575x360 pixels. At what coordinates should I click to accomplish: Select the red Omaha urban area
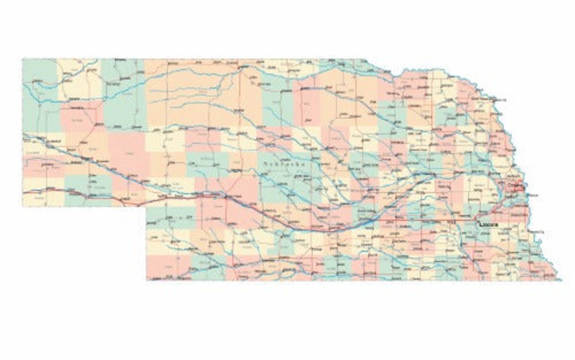pyautogui.click(x=519, y=187)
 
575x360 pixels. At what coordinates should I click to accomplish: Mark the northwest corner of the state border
pyautogui.click(x=22, y=59)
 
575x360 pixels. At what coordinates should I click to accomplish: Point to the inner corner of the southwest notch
pyautogui.click(x=146, y=207)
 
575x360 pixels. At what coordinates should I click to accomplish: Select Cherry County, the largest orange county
pyautogui.click(x=192, y=94)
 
